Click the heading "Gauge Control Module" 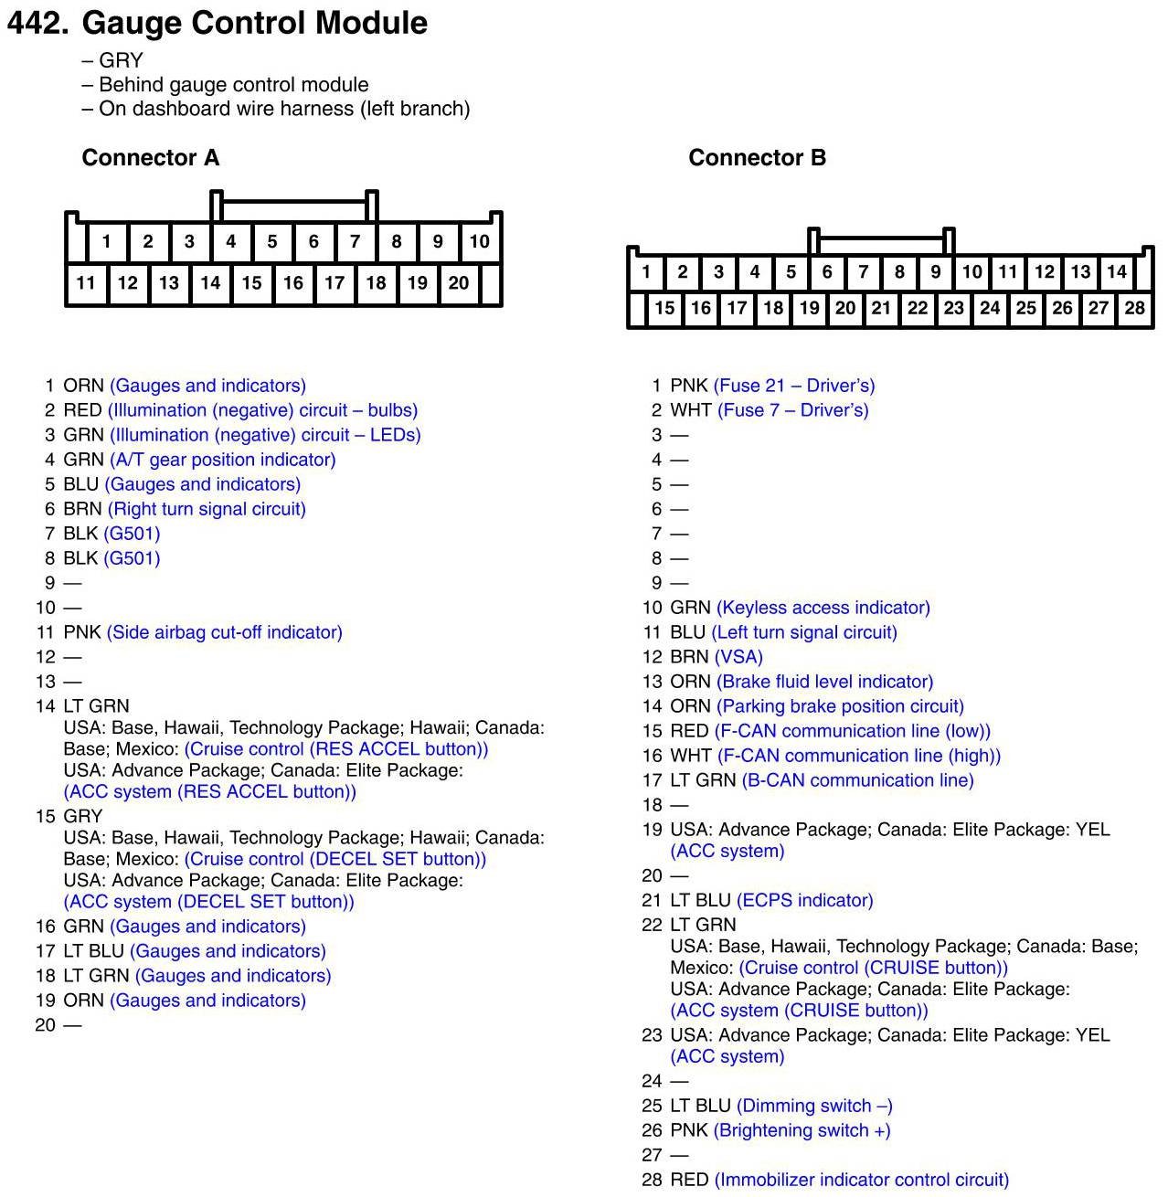(254, 23)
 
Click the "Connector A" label (150, 158)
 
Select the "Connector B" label (757, 158)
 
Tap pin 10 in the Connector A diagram (479, 242)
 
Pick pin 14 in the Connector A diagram (210, 283)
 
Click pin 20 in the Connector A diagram (459, 283)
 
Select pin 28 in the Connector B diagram (1134, 309)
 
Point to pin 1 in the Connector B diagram (646, 272)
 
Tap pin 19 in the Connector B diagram (809, 309)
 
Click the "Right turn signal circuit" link (207, 509)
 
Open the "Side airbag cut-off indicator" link (225, 632)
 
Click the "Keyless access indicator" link (823, 608)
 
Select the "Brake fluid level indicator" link (825, 682)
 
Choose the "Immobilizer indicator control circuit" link (862, 1180)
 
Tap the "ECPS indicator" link (805, 900)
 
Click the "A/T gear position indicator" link (223, 460)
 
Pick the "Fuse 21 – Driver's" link (794, 386)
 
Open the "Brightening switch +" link (802, 1130)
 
